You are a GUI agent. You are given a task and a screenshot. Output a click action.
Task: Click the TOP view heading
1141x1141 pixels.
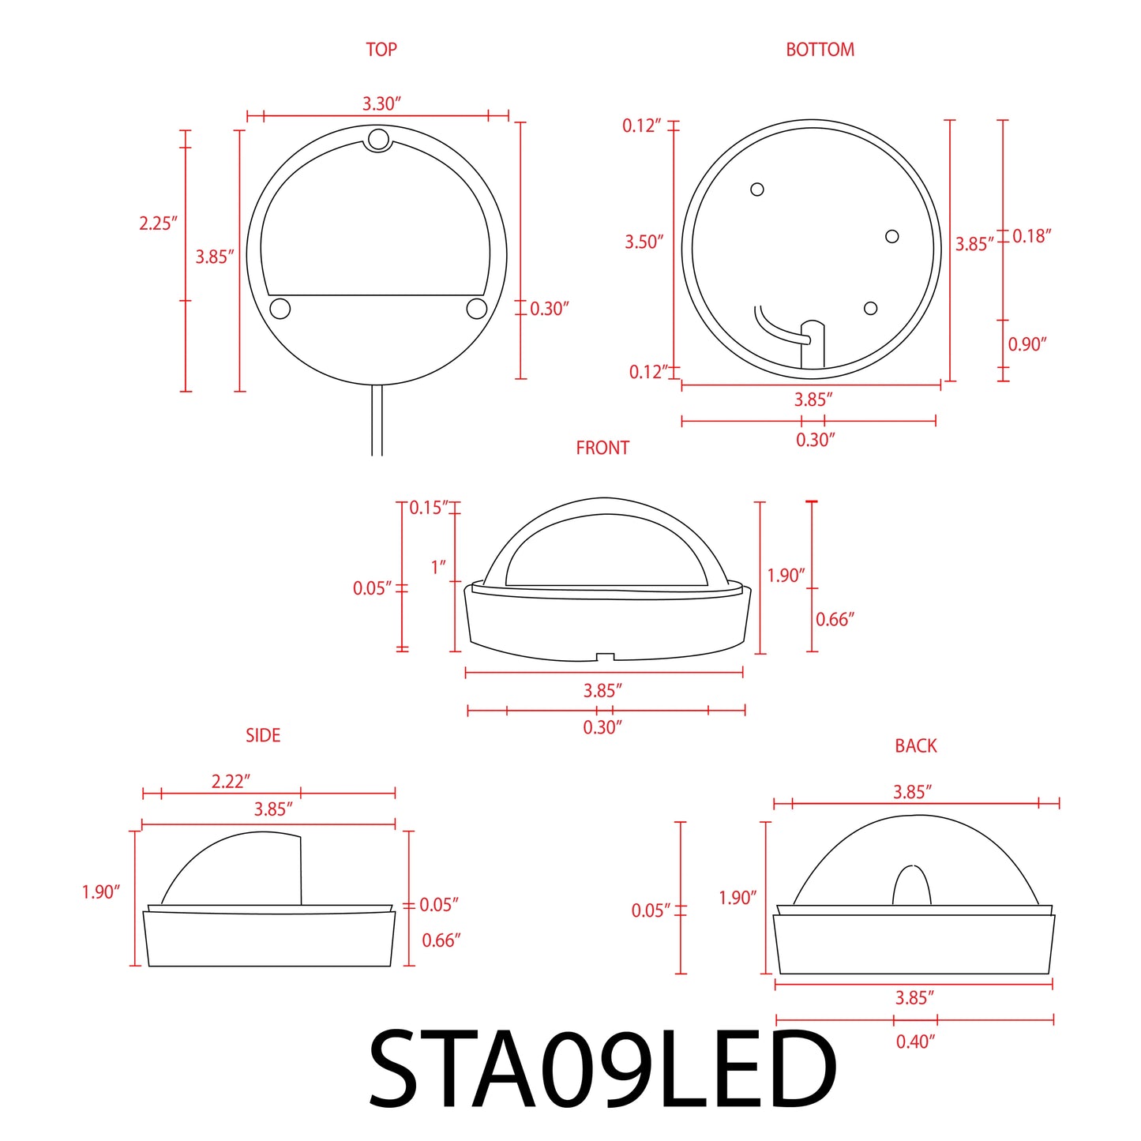tap(381, 50)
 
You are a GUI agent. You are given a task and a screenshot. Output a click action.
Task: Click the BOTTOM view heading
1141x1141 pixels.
tap(820, 50)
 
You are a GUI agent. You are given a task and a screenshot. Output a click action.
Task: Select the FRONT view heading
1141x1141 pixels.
tap(602, 448)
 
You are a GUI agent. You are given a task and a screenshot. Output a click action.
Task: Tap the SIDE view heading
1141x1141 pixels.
tap(263, 735)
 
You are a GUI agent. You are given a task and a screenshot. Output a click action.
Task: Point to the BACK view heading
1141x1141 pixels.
tap(915, 745)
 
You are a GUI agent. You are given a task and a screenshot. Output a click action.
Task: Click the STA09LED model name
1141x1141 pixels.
tap(602, 1070)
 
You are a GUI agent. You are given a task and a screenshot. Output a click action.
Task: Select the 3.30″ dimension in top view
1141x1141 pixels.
tap(381, 103)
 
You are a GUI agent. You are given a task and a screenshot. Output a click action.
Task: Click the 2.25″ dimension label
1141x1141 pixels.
tap(158, 223)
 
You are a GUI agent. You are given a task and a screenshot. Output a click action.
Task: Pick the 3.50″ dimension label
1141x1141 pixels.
tap(644, 242)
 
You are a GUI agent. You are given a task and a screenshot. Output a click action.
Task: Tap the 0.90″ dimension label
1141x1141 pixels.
tap(1027, 344)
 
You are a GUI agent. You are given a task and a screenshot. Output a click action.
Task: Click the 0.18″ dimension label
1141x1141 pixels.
tap(1031, 236)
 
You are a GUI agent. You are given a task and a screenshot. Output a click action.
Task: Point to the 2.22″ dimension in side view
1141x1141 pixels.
tap(231, 781)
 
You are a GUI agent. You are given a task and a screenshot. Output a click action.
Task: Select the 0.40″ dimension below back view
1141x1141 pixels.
tap(915, 1042)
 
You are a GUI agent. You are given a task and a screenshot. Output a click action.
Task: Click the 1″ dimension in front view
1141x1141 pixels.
tap(437, 567)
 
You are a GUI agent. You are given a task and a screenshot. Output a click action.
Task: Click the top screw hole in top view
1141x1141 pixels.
tap(379, 140)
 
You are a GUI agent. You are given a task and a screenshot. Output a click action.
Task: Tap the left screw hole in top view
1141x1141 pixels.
tap(280, 308)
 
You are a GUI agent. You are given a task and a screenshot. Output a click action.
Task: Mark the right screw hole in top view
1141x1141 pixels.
tap(477, 308)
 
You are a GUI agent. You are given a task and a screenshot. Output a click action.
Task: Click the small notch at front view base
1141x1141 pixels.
tap(605, 657)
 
